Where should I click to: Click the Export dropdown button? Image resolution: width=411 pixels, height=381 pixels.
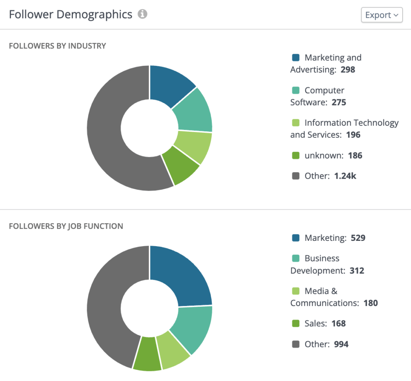(381, 15)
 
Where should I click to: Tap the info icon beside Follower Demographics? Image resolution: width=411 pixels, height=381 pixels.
(142, 14)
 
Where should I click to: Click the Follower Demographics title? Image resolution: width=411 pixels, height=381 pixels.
(71, 14)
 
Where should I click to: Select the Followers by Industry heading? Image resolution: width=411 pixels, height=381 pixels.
(57, 46)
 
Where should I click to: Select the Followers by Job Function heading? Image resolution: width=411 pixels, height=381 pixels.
(66, 226)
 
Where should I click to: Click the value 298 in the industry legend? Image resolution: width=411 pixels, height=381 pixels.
(348, 70)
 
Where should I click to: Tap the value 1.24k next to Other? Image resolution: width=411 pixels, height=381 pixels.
(345, 176)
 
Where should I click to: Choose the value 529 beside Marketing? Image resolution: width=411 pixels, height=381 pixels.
(358, 238)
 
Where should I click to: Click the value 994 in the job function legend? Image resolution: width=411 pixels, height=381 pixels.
(341, 344)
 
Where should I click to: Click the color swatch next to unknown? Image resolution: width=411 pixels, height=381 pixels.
(296, 155)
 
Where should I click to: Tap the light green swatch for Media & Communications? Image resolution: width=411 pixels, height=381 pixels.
(296, 291)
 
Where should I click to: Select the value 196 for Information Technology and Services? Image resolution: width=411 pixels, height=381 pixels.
(353, 135)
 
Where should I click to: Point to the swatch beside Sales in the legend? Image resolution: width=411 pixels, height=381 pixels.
(296, 324)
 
